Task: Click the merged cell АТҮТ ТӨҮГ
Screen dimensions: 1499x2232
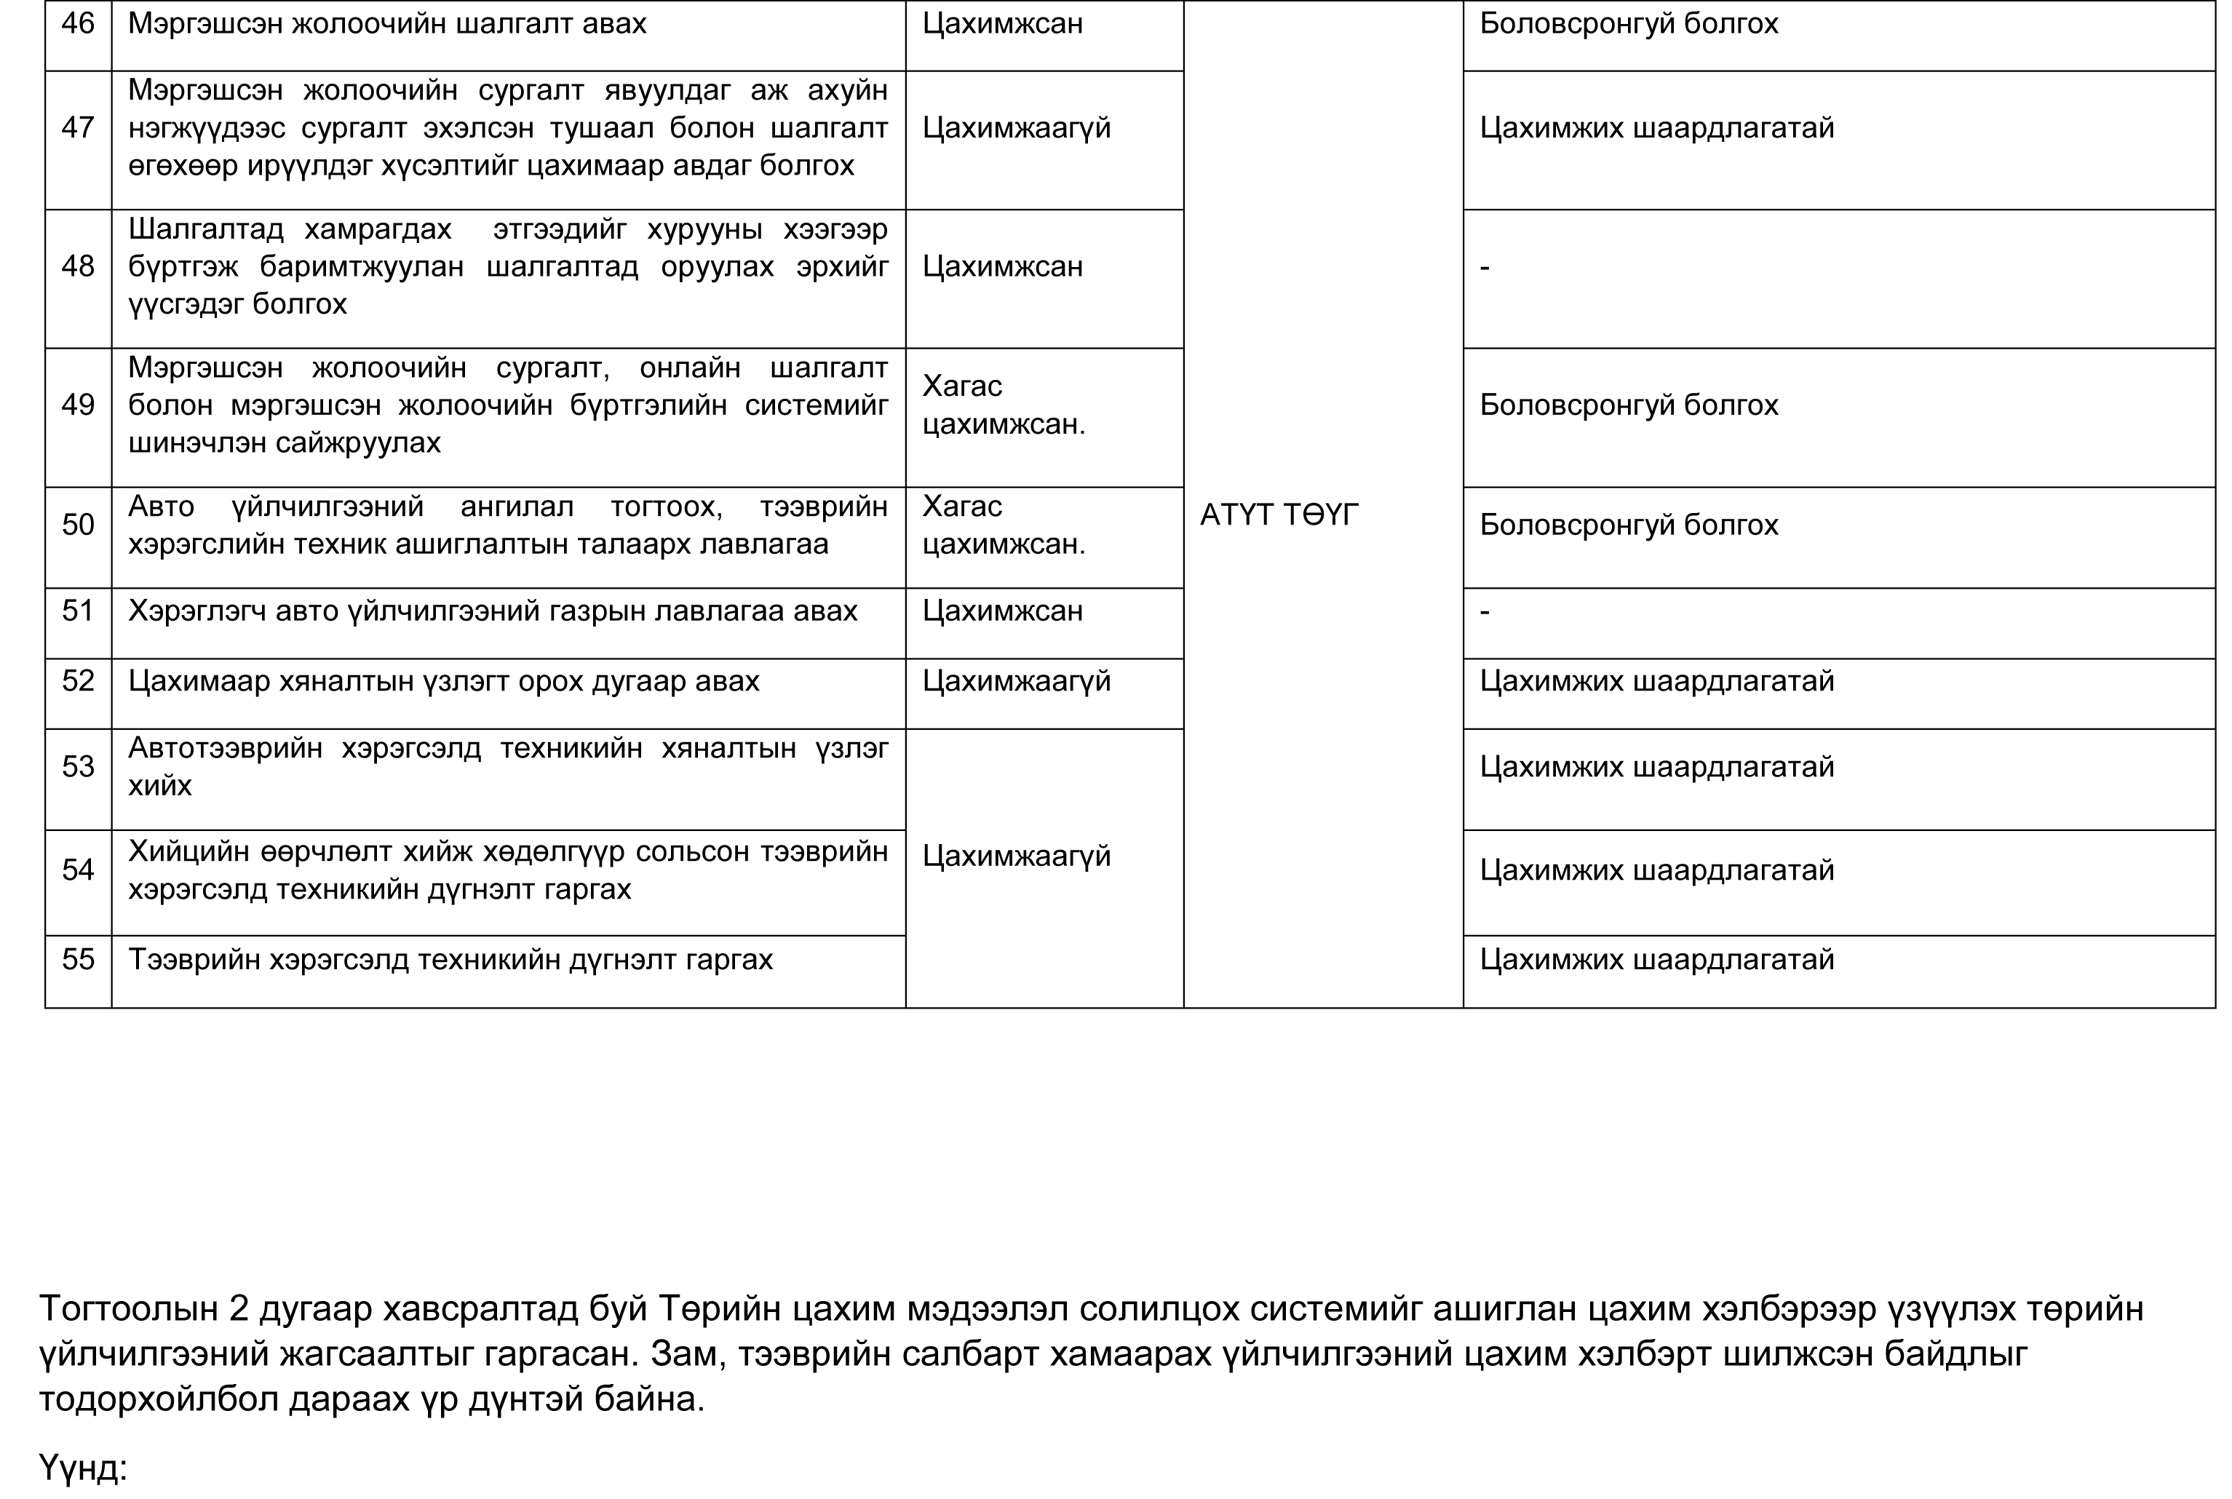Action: (x=1278, y=515)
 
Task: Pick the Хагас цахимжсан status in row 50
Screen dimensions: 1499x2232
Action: (x=1003, y=525)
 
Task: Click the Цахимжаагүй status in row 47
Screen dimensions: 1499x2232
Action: (x=1016, y=127)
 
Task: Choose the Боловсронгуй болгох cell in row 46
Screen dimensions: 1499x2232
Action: (x=1628, y=24)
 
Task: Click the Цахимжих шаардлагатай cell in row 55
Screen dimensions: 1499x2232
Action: (x=1656, y=959)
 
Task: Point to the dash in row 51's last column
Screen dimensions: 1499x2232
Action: (x=1485, y=611)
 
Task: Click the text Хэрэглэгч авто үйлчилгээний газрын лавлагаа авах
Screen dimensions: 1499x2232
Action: (x=492, y=611)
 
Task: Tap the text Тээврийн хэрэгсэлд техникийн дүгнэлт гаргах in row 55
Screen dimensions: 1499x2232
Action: (x=450, y=959)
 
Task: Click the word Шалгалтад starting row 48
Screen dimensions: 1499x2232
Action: (x=205, y=229)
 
